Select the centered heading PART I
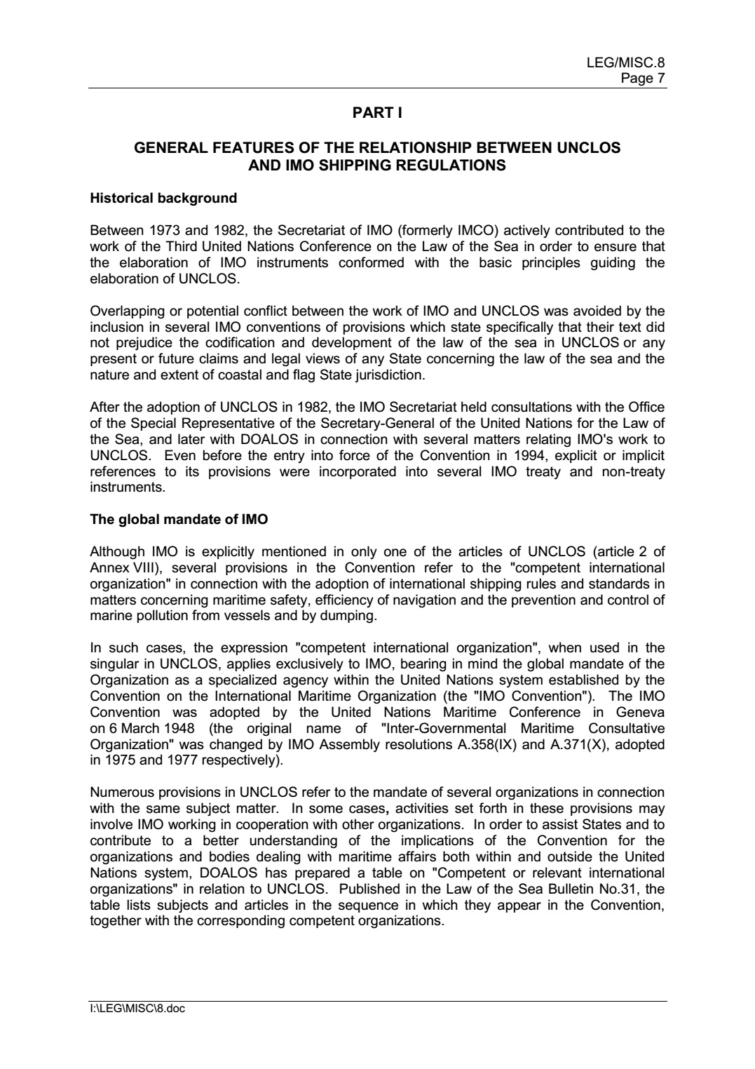(x=377, y=113)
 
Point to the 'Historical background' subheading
(x=163, y=199)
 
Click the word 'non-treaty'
(x=633, y=471)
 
